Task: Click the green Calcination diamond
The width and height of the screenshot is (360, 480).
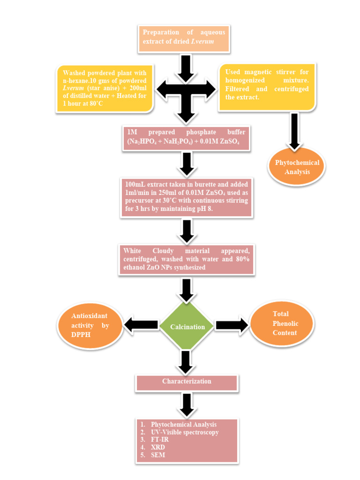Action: [x=187, y=326]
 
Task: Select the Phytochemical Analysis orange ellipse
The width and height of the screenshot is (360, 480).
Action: [x=297, y=167]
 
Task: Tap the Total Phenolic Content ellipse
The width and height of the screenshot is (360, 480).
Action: [x=281, y=323]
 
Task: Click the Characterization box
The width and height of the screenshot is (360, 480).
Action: [x=187, y=382]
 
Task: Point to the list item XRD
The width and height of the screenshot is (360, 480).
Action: [x=158, y=447]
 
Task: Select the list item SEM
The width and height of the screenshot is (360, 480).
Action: [x=158, y=455]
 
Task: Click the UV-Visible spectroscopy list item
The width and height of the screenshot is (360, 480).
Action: [x=184, y=432]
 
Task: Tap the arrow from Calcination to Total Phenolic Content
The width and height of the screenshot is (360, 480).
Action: [x=232, y=325]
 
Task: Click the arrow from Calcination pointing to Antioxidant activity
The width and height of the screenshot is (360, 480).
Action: [x=141, y=324]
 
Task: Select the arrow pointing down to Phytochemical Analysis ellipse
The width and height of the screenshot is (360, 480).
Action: [x=294, y=131]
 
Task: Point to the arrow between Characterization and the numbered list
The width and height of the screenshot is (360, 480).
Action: [x=187, y=404]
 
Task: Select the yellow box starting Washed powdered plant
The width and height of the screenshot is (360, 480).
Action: [x=105, y=88]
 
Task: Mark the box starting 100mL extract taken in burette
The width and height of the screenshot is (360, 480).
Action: [x=186, y=196]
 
